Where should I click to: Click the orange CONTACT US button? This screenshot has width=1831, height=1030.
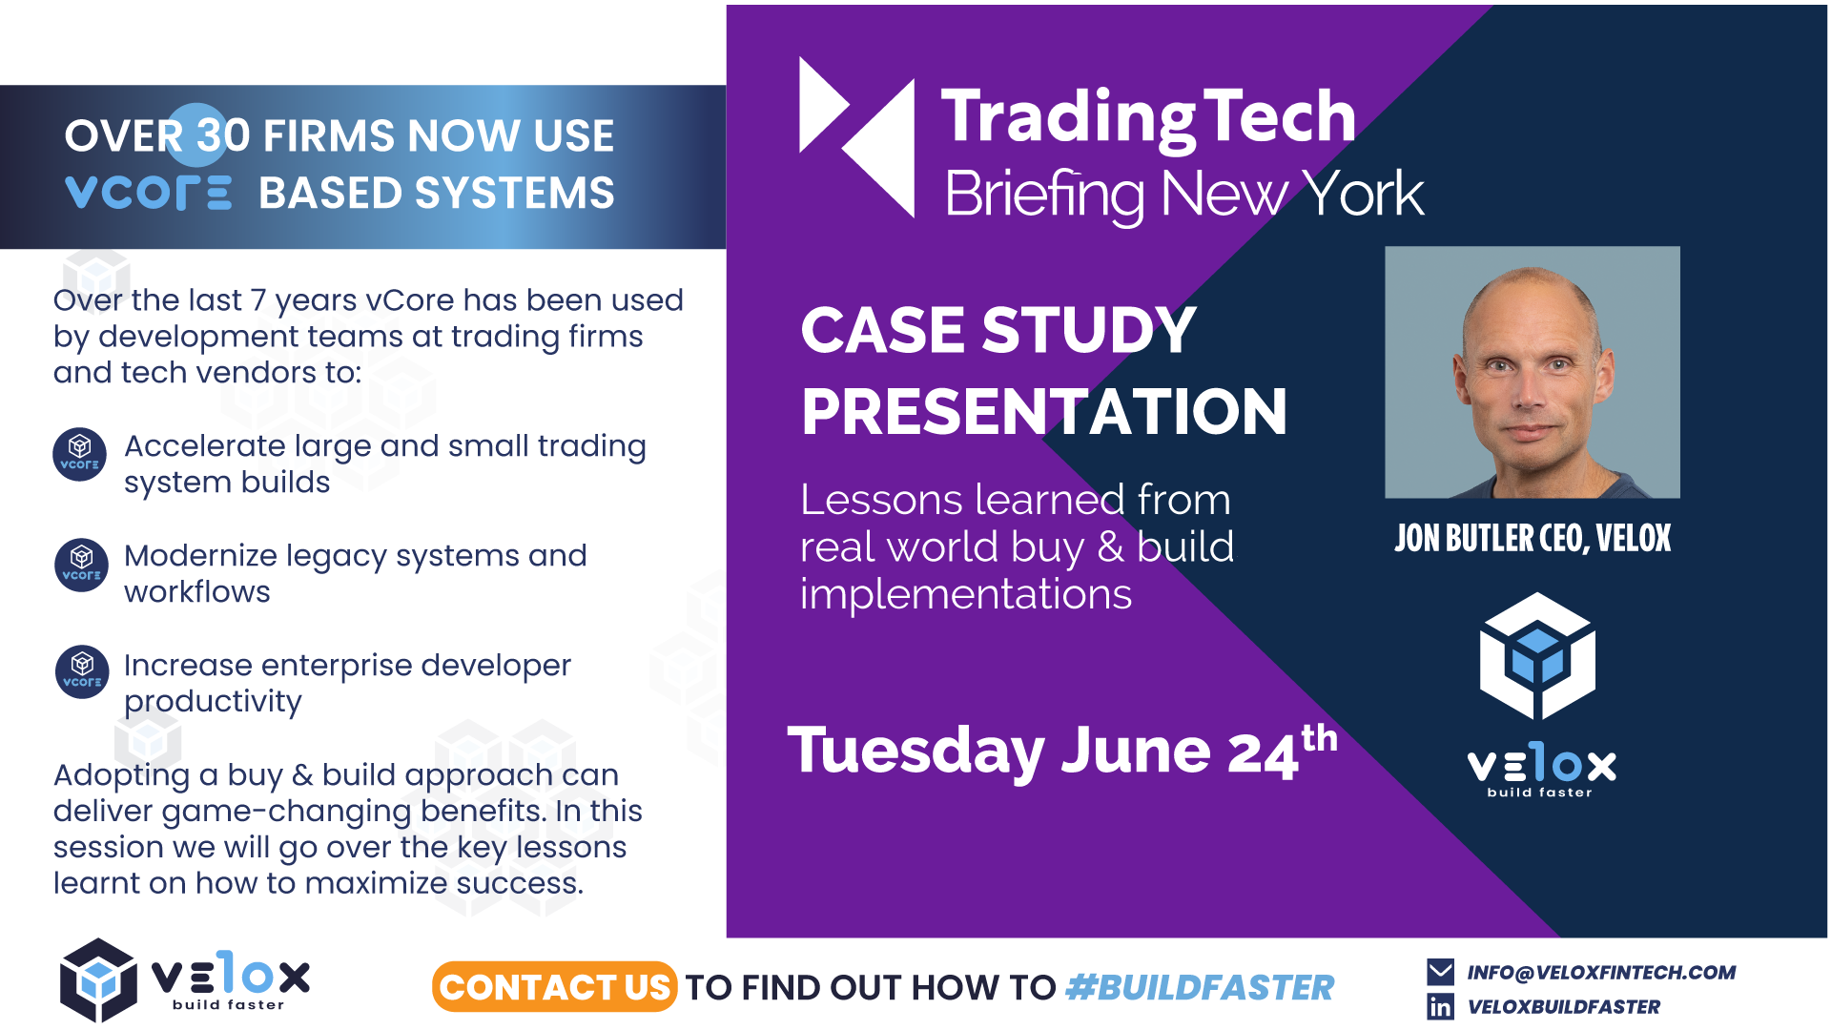coord(554,987)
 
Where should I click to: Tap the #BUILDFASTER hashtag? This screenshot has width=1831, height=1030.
coord(1200,988)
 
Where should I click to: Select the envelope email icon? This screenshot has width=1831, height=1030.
coord(1440,972)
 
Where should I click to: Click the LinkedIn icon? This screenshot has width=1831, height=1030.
coord(1440,1006)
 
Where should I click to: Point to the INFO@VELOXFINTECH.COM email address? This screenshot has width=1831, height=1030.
coord(1601,972)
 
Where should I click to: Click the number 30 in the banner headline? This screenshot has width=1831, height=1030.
coord(223,135)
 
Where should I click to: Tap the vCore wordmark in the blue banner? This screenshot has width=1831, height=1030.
coord(148,193)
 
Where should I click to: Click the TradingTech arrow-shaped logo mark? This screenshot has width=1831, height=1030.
coord(856,137)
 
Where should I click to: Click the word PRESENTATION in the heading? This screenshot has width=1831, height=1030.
coord(1044,411)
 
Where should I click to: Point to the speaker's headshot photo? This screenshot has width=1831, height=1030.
coord(1533,372)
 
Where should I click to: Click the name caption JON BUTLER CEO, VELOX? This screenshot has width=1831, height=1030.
coord(1533,539)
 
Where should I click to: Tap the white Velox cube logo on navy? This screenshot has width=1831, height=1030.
coord(1537,656)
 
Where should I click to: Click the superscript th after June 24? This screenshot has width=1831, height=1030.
coord(1320,738)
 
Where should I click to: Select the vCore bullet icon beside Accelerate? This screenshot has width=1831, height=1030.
coord(80,454)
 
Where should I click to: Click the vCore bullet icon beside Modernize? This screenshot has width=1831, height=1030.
coord(82,565)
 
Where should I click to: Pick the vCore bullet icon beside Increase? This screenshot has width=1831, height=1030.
coord(82,671)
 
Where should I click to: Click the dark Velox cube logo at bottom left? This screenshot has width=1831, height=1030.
coord(98,979)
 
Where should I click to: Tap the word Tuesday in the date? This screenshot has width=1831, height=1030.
coord(915,752)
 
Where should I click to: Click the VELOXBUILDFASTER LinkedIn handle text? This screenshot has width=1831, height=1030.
coord(1564,1006)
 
